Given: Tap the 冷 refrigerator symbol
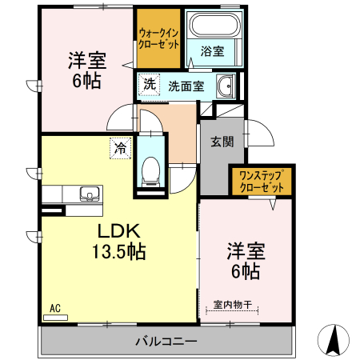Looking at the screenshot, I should point(120,147).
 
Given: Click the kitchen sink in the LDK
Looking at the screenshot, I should point(88,193).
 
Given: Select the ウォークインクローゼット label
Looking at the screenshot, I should point(158,38).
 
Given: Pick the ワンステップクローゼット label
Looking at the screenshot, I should point(262,182).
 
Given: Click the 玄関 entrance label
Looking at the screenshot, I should point(222,142).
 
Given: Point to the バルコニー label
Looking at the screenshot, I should point(166,342).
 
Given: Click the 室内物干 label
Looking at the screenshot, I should point(233,304).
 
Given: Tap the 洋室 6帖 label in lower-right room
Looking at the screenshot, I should point(245,260).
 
